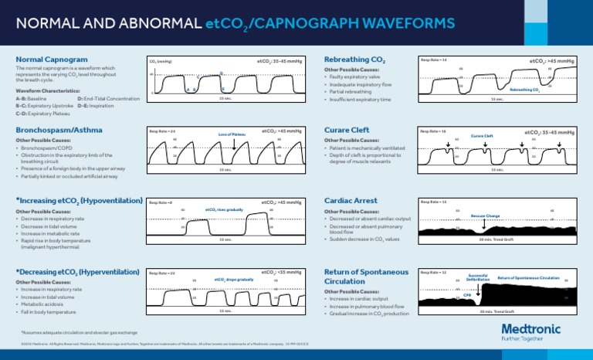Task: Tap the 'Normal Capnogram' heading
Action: coord(51,59)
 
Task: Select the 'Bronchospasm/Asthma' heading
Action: coord(58,130)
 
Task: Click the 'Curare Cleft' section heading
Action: coord(346,130)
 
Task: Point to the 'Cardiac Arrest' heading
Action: coord(351,200)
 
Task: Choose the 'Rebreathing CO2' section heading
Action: coord(355,59)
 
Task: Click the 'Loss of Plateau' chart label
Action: coord(232,134)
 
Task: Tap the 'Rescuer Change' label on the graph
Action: coord(485,216)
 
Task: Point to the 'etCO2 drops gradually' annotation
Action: coord(233,279)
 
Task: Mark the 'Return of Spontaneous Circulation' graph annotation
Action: coord(528,277)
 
